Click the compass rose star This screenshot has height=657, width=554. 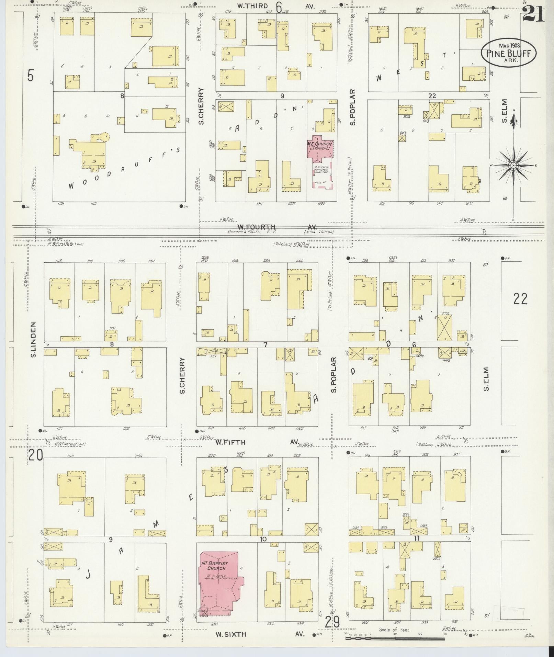513,166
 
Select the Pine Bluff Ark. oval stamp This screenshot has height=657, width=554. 508,53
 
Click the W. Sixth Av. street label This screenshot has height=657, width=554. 230,634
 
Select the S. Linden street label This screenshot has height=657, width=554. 34,339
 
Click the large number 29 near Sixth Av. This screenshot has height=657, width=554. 332,622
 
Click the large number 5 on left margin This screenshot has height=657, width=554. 31,76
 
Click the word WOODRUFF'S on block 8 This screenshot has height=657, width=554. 124,168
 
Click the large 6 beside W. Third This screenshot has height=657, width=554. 278,6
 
